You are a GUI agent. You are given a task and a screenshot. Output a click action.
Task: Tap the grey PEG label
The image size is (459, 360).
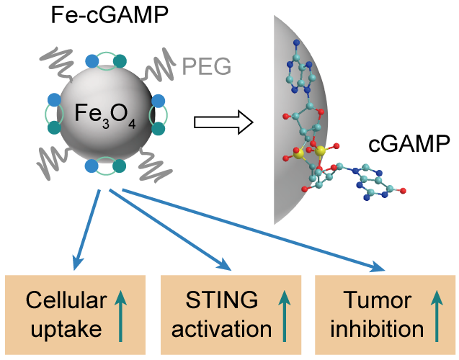click(206, 66)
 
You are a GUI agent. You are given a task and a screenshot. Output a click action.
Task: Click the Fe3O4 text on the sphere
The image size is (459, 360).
click(105, 113)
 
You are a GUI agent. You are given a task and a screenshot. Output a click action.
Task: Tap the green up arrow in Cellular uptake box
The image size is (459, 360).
click(120, 314)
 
